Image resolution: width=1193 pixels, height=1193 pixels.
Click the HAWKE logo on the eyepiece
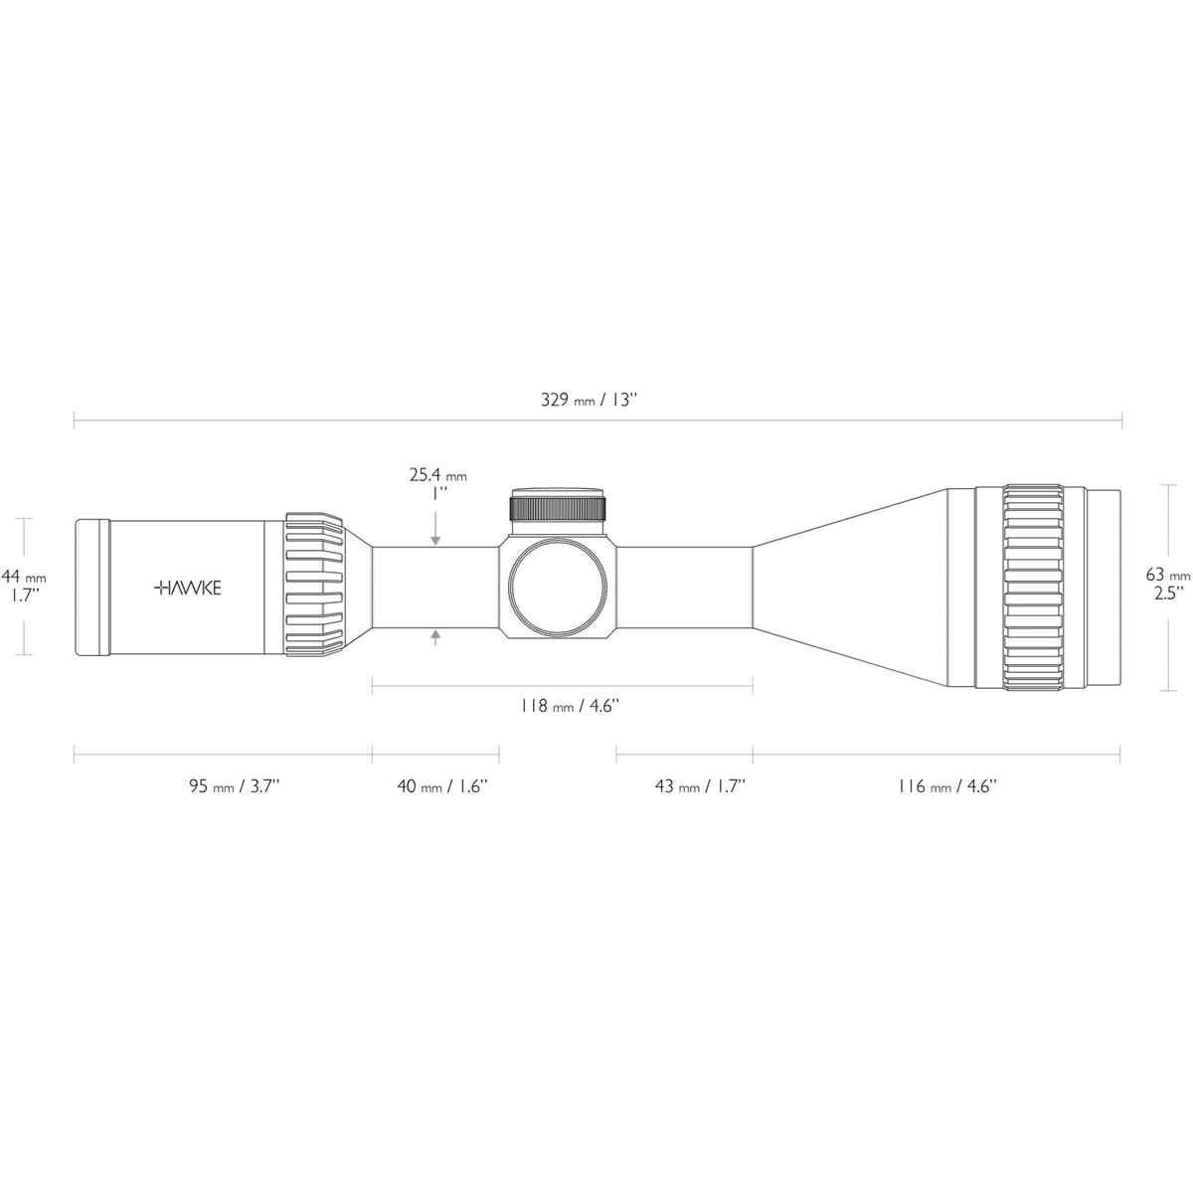click(188, 588)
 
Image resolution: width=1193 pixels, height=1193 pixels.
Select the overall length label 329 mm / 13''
click(588, 400)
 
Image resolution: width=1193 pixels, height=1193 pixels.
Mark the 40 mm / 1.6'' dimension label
click(441, 786)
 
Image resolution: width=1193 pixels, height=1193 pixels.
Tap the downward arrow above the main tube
click(435, 538)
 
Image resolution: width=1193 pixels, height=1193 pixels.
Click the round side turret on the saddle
click(558, 588)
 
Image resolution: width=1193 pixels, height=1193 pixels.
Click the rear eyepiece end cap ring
click(92, 587)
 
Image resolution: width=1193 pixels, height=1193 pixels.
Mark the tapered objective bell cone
click(850, 587)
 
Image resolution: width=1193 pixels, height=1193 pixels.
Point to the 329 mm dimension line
click(795, 421)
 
